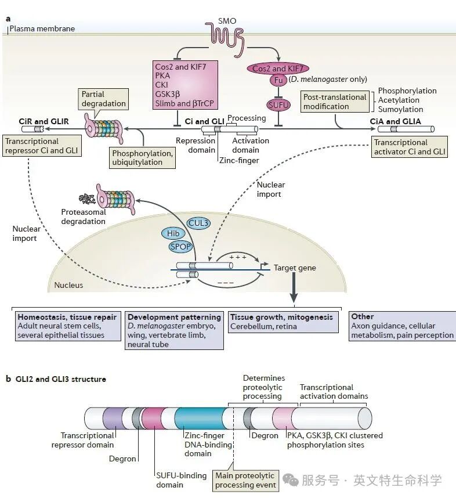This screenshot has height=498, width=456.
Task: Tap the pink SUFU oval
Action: pos(278,105)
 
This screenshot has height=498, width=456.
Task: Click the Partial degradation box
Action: pos(103,99)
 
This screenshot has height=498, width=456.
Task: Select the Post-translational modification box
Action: pos(335,102)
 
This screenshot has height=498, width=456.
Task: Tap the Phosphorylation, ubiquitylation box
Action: pos(143,157)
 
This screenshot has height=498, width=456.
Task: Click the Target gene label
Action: pos(295,268)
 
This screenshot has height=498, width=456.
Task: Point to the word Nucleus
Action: pos(68,285)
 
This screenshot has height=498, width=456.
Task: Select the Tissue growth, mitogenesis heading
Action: pos(281,317)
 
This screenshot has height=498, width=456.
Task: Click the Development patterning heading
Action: pos(174,317)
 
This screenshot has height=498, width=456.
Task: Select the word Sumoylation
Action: pos(400,109)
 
